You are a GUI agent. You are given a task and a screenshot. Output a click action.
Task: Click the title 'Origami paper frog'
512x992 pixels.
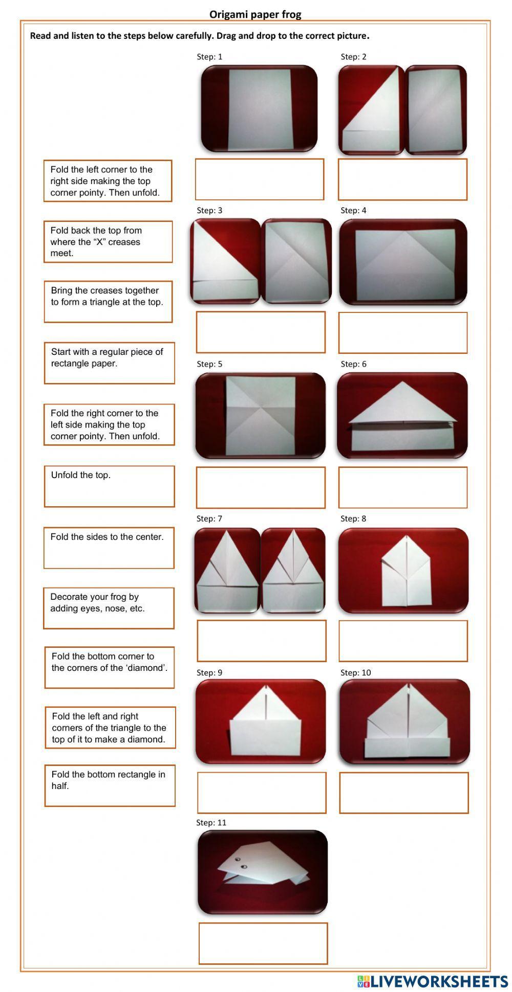click(x=255, y=14)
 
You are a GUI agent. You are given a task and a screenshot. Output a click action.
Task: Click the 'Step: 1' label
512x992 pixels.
click(x=209, y=57)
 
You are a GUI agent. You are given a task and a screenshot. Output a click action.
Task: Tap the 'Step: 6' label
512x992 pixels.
click(x=353, y=364)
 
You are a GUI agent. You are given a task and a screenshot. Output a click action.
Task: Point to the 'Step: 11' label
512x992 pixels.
click(x=211, y=823)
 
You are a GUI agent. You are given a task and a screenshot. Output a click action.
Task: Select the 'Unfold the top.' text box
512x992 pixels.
click(x=109, y=486)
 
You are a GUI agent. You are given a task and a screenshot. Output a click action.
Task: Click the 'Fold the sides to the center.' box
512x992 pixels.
click(x=109, y=548)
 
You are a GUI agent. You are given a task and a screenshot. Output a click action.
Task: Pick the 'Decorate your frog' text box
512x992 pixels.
click(x=109, y=608)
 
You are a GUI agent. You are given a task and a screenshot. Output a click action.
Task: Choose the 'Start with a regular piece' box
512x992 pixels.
click(x=109, y=363)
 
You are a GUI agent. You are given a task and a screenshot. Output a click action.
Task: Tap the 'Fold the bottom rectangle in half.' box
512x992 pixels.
click(x=110, y=786)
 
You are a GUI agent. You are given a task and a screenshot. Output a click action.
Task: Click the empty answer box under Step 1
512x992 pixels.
click(x=259, y=179)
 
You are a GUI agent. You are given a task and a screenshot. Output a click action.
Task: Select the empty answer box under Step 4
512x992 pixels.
click(x=402, y=333)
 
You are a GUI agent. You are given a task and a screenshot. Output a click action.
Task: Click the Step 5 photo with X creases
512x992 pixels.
click(x=260, y=415)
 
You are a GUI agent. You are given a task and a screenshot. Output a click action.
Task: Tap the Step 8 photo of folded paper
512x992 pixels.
click(x=403, y=571)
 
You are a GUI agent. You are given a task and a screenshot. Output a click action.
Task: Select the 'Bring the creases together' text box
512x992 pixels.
click(x=108, y=302)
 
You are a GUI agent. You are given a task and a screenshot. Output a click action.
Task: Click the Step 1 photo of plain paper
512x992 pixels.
click(x=259, y=108)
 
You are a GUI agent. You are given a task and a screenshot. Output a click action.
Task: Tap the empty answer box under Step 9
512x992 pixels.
click(x=262, y=793)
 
